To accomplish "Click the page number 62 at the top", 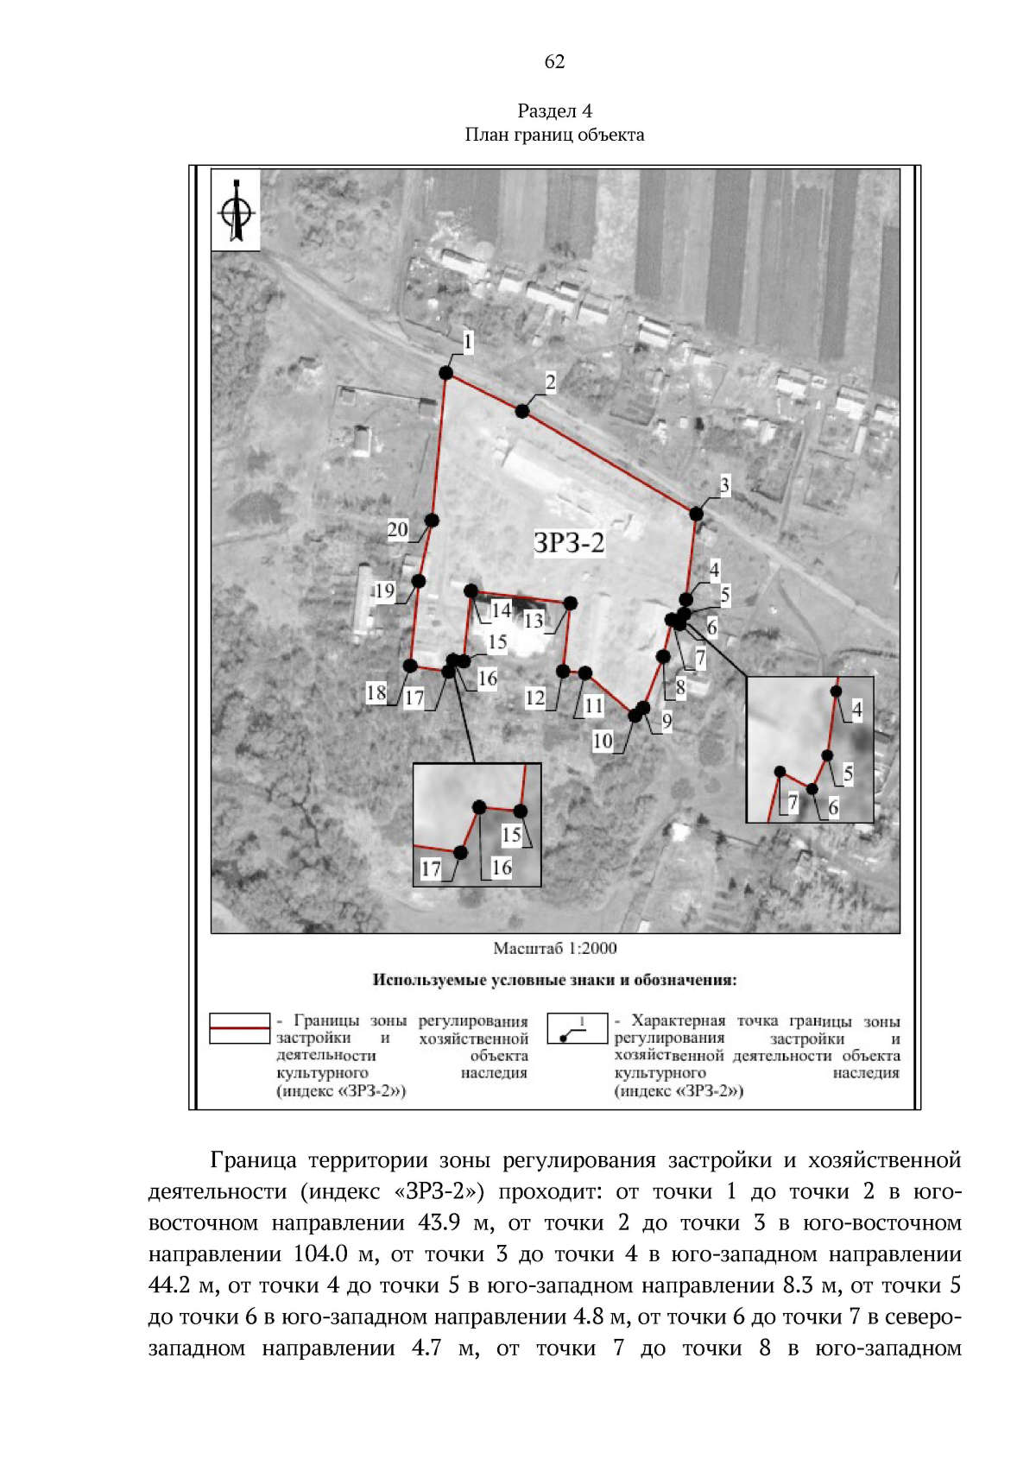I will point(554,61).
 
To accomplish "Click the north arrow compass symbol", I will point(236,210).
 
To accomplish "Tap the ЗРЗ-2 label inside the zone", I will point(569,543).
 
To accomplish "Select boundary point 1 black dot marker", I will point(446,373).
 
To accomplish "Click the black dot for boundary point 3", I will point(696,514).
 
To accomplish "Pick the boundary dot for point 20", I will point(432,521).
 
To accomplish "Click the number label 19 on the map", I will point(384,591).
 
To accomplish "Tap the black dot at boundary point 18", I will point(410,666).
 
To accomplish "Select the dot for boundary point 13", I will point(570,603).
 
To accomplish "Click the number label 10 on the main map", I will point(603,741).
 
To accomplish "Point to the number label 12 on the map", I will point(535,698).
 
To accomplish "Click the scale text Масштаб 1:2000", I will point(554,948).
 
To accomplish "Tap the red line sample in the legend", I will point(239,1028).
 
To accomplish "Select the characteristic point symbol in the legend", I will point(577,1028).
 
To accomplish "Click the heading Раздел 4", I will point(554,111).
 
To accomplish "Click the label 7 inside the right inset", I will point(793,803).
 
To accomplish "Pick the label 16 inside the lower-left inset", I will point(502,867).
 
